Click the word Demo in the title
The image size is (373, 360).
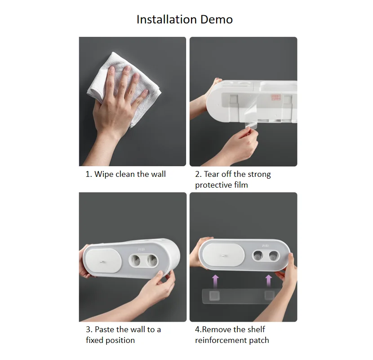coord(217,19)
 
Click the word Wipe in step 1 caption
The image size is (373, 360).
coord(104,175)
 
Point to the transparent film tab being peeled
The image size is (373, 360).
coord(250,125)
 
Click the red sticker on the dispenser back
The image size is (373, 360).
coord(276,97)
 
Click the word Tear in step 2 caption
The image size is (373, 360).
coord(212,175)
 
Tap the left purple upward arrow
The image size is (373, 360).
coord(215,281)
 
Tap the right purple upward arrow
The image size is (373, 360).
coord(269,281)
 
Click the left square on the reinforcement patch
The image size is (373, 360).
coord(214,296)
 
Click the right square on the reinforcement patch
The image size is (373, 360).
coord(269,295)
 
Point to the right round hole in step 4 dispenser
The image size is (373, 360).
coord(273,256)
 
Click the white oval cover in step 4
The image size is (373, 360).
coord(223,255)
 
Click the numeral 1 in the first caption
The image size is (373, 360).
coord(88,175)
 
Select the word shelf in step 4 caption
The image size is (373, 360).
coord(256,329)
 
